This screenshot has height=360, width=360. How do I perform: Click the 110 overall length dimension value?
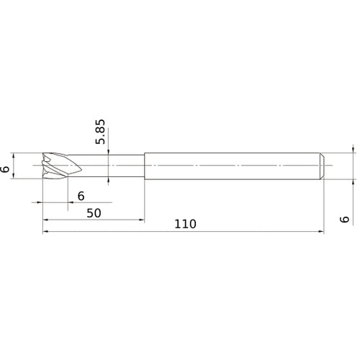click(x=184, y=224)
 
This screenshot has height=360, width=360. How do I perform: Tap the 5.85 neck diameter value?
click(x=102, y=132)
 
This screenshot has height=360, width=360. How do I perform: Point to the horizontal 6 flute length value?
click(x=81, y=195)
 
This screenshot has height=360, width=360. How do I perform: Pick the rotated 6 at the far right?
click(x=346, y=220)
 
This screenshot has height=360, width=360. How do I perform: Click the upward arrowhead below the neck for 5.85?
click(x=107, y=181)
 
